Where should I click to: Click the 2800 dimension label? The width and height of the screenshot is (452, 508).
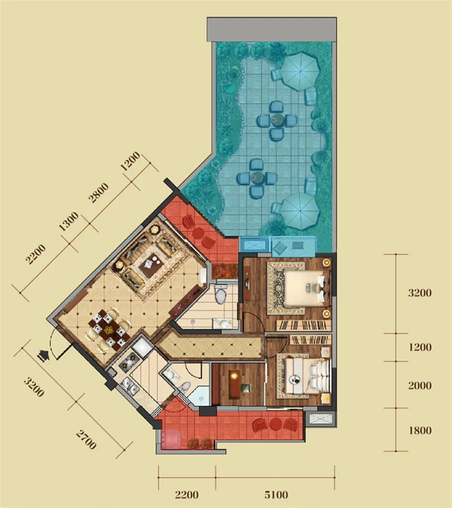coord(98,193)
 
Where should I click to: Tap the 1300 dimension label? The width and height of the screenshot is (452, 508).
coord(68,221)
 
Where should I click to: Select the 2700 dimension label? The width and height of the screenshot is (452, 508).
coord(86,440)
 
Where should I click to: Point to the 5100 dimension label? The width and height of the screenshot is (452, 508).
coord(276,494)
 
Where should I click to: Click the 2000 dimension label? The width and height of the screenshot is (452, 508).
coord(420,386)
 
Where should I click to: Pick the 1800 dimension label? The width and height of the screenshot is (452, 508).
coord(420,431)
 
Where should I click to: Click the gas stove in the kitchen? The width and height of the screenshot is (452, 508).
coord(130,361)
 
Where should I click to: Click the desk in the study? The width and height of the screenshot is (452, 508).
coord(235,384)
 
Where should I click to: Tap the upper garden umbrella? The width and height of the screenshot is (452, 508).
coord(300,72)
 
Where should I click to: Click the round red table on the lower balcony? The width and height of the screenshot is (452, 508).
coord(276,424)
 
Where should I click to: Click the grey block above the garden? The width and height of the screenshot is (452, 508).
coord(272,29)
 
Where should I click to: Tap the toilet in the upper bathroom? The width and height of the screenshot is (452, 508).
coord(220,294)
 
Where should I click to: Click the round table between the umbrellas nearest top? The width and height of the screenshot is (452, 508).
coord(277,120)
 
